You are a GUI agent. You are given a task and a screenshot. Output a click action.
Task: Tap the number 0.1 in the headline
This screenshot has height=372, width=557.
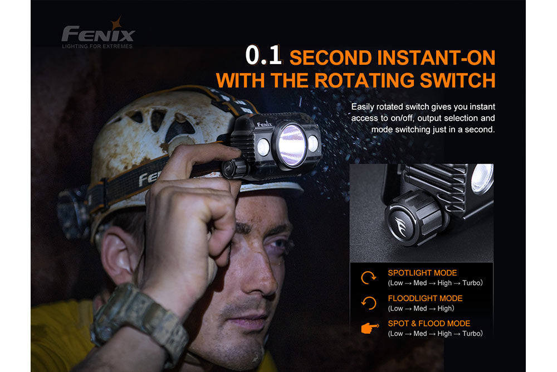click(265, 57)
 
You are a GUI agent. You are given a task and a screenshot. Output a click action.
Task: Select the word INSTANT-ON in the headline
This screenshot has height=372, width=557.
click(436, 57)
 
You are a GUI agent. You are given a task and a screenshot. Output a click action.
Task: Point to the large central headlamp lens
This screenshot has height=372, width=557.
click(292, 144)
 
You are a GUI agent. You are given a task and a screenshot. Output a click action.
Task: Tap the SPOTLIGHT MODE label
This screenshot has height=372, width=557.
click(422, 273)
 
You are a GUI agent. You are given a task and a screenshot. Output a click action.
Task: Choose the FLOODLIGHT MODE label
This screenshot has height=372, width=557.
click(425, 298)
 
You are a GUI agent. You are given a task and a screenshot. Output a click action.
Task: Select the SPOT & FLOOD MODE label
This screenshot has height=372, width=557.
click(429, 323)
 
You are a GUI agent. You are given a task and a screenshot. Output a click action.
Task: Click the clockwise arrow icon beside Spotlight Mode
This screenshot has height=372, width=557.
click(369, 278)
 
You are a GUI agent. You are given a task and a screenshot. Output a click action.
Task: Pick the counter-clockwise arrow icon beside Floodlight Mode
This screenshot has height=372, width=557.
click(369, 303)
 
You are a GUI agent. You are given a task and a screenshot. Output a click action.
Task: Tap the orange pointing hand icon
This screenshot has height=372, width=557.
click(369, 328)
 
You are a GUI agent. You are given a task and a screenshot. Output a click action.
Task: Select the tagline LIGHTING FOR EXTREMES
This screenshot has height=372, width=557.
click(97, 46)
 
